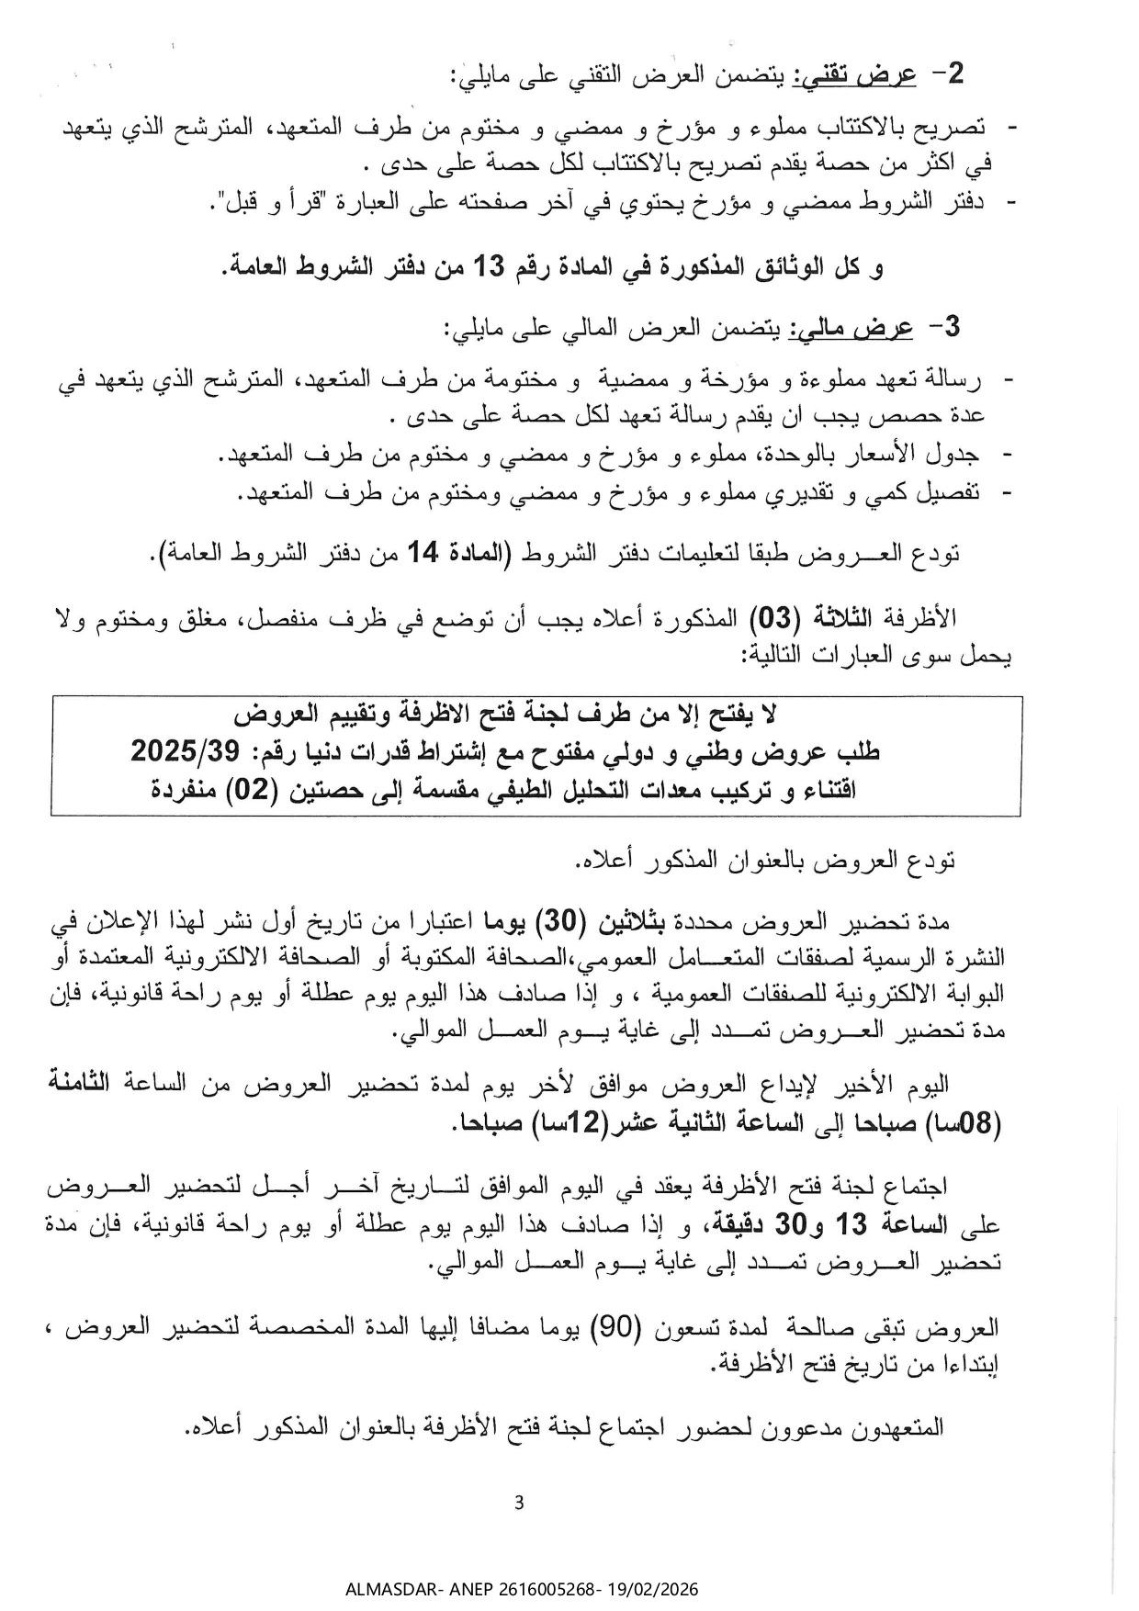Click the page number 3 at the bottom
coord(519,1504)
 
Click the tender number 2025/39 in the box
coord(184,752)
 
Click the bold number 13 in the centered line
coord(489,267)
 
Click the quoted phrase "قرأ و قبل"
coord(265,203)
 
